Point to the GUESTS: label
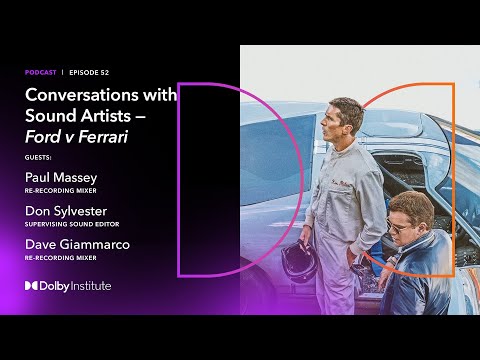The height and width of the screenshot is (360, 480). coord(38,157)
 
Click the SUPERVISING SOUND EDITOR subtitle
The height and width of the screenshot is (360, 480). coord(74,225)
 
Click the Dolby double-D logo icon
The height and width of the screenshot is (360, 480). coord(32,286)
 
